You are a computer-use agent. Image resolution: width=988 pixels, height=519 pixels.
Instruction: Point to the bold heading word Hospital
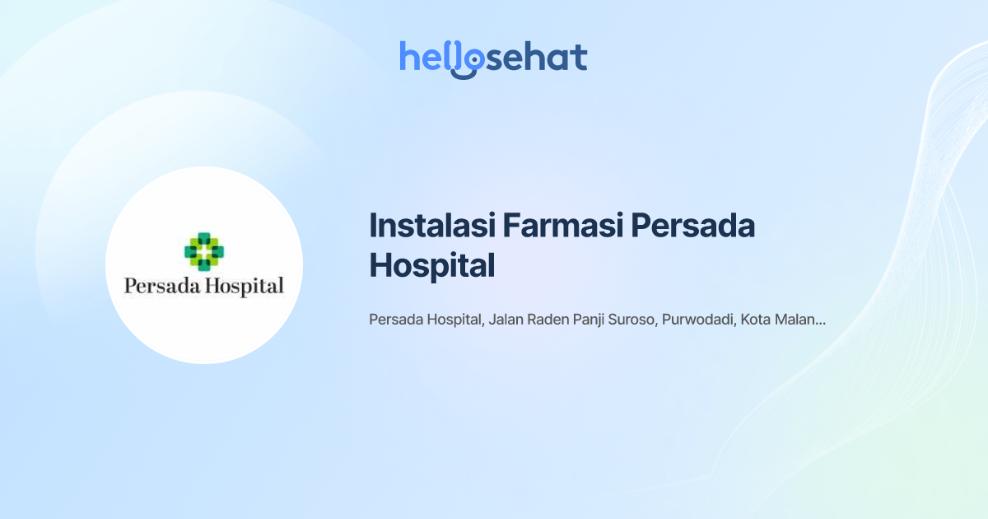(x=431, y=265)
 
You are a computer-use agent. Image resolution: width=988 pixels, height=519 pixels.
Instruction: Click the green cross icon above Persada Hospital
(x=204, y=252)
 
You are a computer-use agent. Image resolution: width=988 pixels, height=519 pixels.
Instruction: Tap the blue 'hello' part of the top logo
(x=430, y=58)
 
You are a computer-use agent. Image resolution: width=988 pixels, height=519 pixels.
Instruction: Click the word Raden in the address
(x=548, y=320)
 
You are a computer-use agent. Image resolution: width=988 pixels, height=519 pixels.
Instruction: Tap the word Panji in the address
(x=594, y=320)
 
